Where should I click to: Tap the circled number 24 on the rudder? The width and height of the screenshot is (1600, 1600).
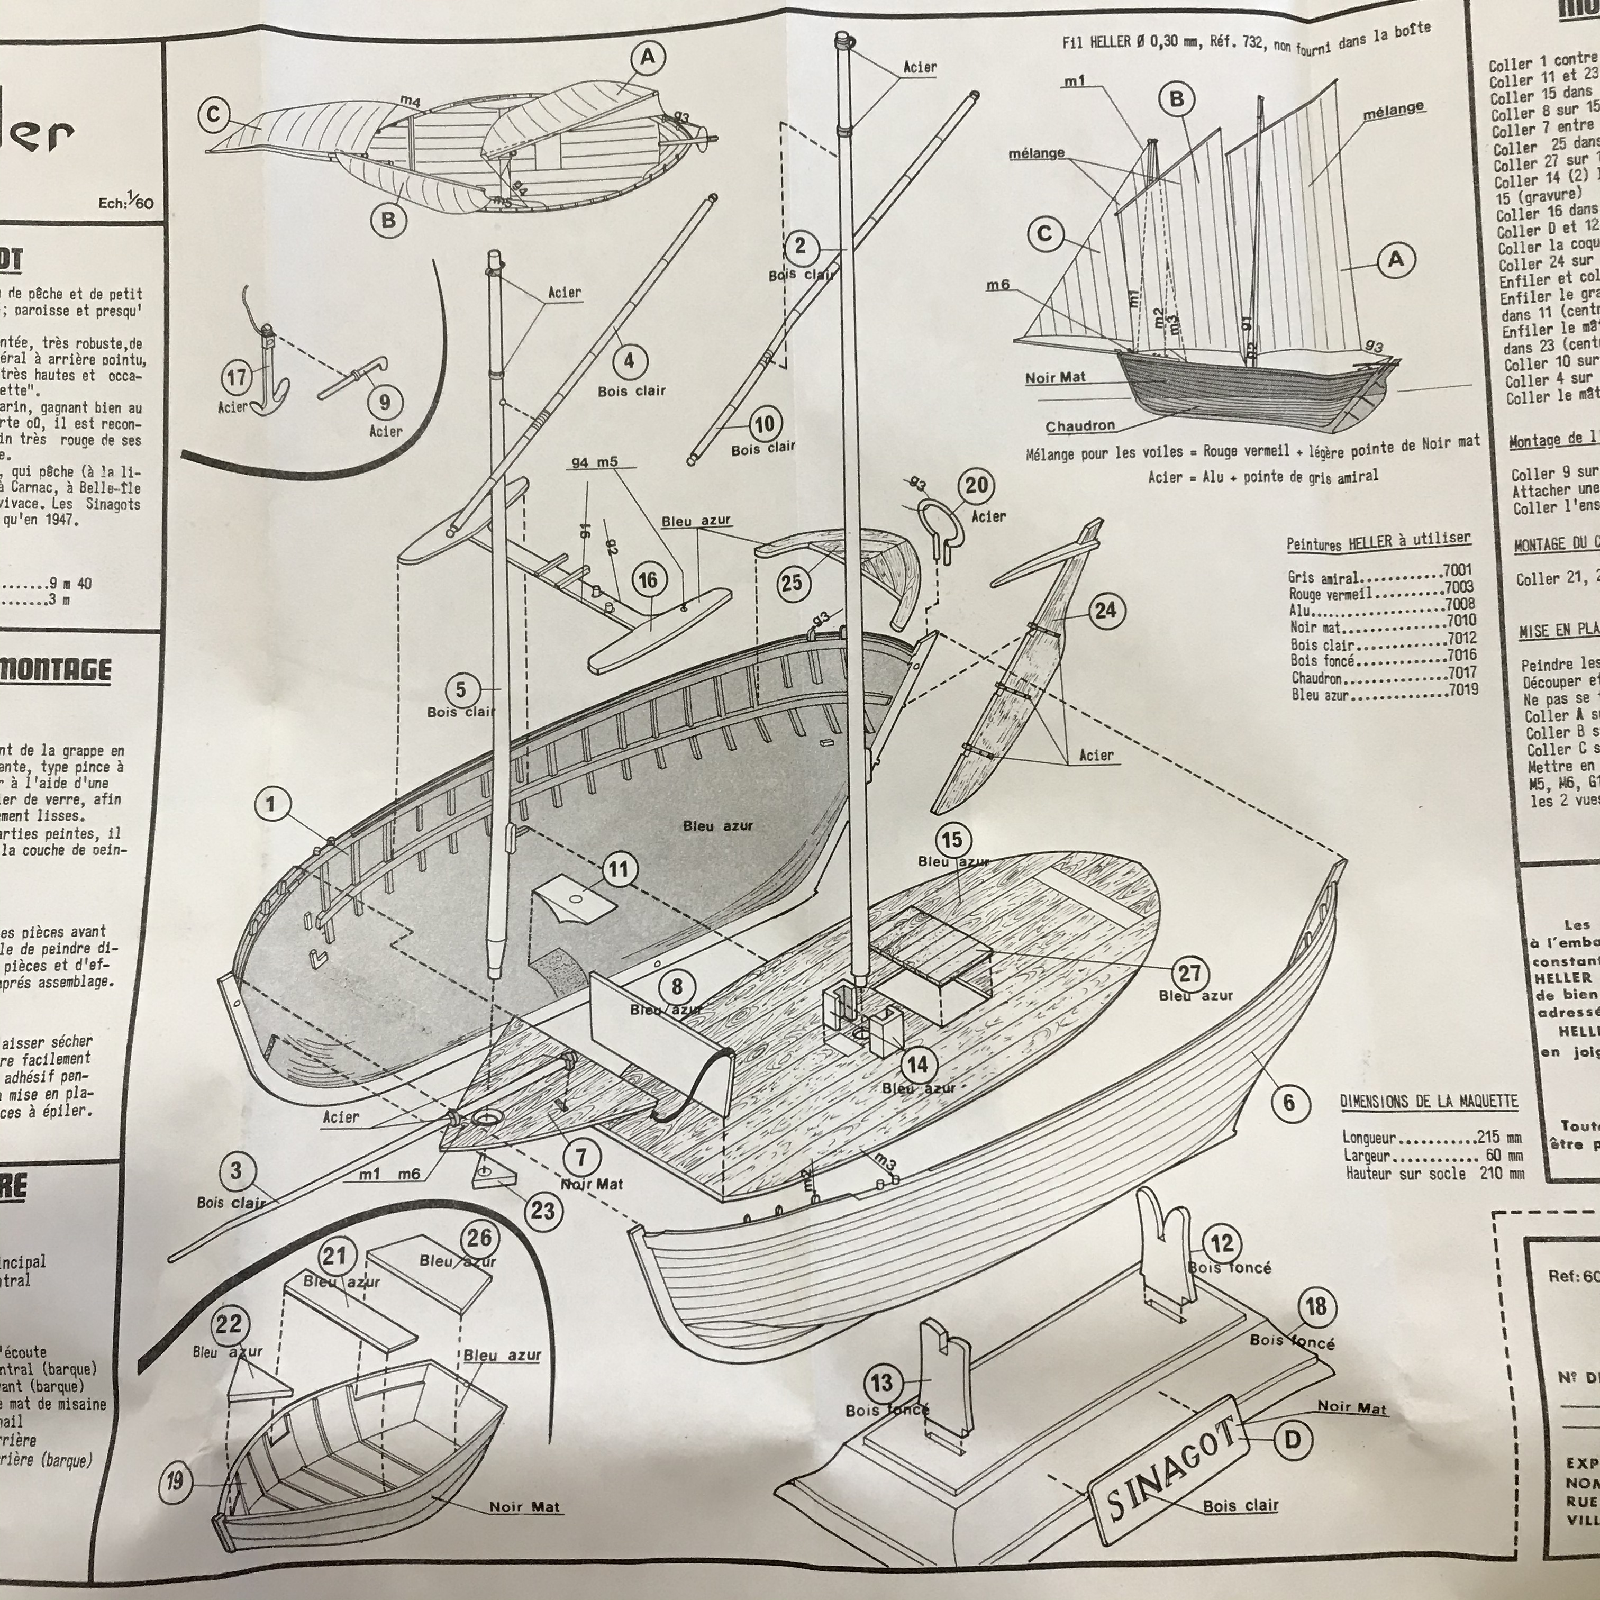[1105, 611]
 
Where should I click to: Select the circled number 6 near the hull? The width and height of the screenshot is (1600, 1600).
[1288, 1102]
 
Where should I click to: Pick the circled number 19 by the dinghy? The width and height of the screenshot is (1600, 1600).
[175, 1480]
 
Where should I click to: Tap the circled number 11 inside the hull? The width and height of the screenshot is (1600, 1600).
[618, 869]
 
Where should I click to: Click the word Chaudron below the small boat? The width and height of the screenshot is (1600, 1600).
[1080, 426]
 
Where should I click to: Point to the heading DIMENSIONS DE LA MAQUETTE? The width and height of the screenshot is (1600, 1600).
[1429, 1102]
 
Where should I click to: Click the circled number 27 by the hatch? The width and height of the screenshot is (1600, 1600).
[1189, 973]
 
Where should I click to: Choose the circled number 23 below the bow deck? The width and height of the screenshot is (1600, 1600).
[542, 1211]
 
